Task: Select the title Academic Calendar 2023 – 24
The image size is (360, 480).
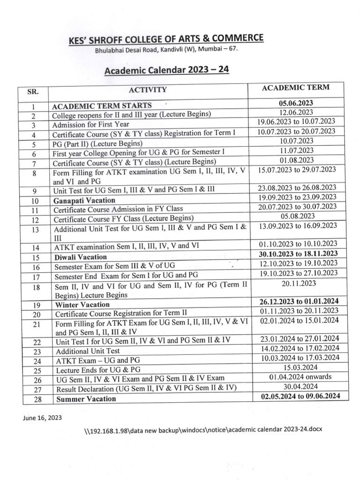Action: (166, 71)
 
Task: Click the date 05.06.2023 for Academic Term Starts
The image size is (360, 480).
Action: (295, 103)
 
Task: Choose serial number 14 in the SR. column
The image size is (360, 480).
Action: (36, 247)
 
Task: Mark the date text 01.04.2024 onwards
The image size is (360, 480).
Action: (300, 377)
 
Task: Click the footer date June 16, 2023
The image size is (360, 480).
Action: (41, 417)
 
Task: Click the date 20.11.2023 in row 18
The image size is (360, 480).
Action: (298, 283)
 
